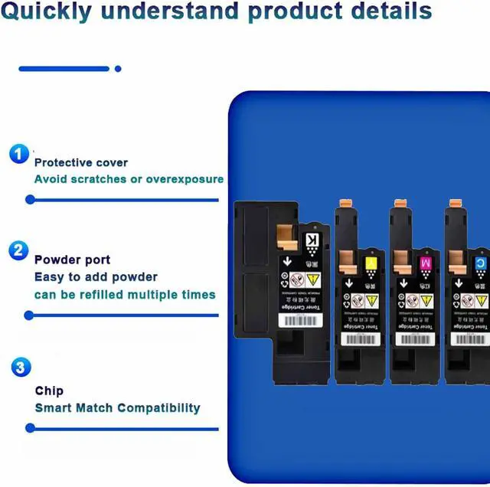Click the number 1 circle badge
19,154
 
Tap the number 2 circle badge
19,250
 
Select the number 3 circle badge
21,368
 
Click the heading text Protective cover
81,162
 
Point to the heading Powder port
72,260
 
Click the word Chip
49,391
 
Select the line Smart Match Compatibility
117,407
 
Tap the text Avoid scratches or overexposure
129,179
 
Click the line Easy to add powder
96,276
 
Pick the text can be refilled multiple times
125,294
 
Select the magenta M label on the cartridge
426,264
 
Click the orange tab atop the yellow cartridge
344,204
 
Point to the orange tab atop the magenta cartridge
399,204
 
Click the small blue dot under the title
118,69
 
